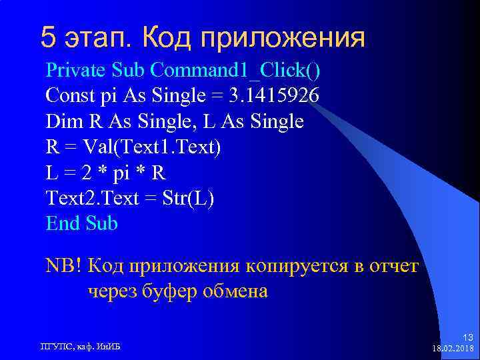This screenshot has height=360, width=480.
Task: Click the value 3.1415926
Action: [274, 96]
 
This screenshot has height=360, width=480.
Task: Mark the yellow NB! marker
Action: [63, 266]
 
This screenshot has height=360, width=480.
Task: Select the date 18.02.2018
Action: [453, 349]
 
